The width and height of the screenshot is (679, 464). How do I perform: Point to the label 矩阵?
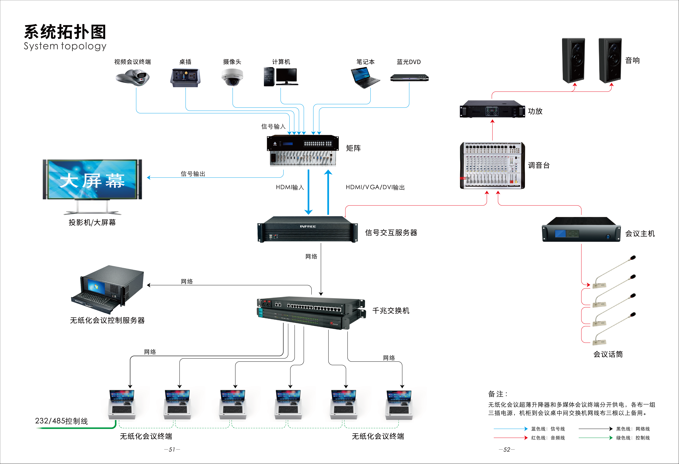pyautogui.click(x=353, y=148)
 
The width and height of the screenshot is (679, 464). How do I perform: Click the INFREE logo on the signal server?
pyautogui.click(x=308, y=226)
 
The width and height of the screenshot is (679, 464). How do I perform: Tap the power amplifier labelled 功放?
pyautogui.click(x=492, y=109)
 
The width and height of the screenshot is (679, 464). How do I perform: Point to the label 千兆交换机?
pyautogui.click(x=391, y=311)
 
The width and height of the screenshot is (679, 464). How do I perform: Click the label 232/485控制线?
pyautogui.click(x=61, y=421)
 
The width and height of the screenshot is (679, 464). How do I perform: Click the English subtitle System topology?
pyautogui.click(x=65, y=46)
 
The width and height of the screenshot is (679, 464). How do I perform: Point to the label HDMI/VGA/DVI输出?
pyautogui.click(x=375, y=187)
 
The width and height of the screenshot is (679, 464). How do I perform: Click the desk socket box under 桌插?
pyautogui.click(x=185, y=78)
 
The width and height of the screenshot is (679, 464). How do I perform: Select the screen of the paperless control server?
pyautogui.click(x=96, y=286)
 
